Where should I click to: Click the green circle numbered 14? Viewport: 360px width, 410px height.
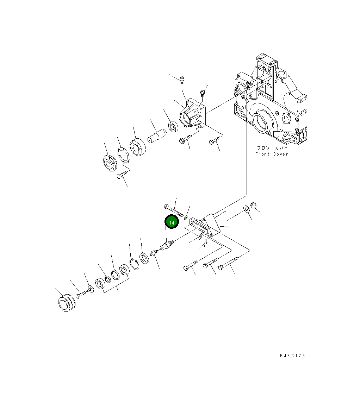pos(172,222)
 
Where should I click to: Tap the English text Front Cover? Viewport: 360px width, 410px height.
pos(272,154)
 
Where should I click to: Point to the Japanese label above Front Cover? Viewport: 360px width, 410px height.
pos(272,148)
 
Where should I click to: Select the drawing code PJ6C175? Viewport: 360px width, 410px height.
pos(292,355)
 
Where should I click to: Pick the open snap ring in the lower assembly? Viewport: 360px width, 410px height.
pos(135,264)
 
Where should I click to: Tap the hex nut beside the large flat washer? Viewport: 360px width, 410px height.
pos(253,206)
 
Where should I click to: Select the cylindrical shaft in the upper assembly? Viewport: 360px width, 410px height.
pos(157,136)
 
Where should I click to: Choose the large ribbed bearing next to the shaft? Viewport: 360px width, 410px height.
pos(138,148)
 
